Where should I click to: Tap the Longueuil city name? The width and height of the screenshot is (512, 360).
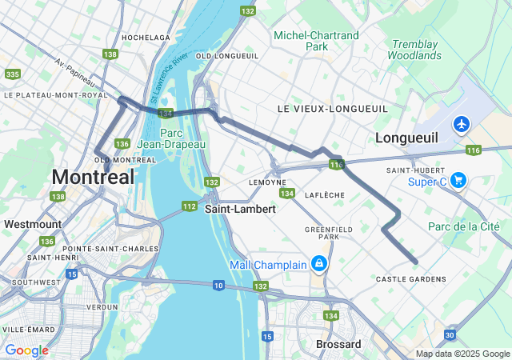406,138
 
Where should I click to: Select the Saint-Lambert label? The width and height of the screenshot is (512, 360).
240,209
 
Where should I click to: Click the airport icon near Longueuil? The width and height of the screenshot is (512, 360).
461,124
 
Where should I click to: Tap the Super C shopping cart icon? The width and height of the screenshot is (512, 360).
458,180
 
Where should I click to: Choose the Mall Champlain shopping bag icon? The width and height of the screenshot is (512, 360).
319,263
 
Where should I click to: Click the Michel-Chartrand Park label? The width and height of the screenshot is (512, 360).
316,41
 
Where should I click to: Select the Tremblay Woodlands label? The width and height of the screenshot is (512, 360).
414,50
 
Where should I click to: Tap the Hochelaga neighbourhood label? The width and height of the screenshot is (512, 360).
146,38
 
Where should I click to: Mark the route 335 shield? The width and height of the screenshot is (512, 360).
12,74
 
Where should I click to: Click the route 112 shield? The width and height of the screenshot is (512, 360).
189,206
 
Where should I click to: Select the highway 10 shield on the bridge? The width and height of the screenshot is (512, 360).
219,285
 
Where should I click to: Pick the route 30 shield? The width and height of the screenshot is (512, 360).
450,334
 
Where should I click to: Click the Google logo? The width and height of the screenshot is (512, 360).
26,350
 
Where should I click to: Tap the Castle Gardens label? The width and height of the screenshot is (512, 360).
410,278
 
